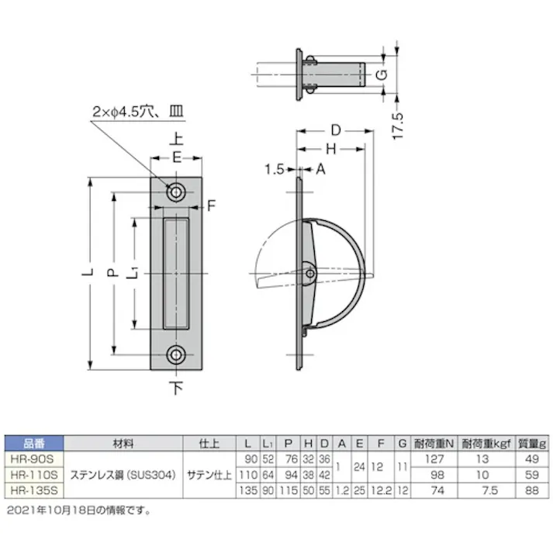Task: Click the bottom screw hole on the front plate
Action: (177, 355)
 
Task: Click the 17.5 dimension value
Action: (396, 123)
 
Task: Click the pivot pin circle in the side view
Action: (309, 273)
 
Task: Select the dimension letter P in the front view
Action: (111, 273)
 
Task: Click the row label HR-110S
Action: (33, 472)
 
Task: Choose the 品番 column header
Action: (33, 444)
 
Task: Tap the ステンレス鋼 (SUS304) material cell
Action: (122, 473)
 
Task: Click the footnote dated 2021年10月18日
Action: (78, 510)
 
